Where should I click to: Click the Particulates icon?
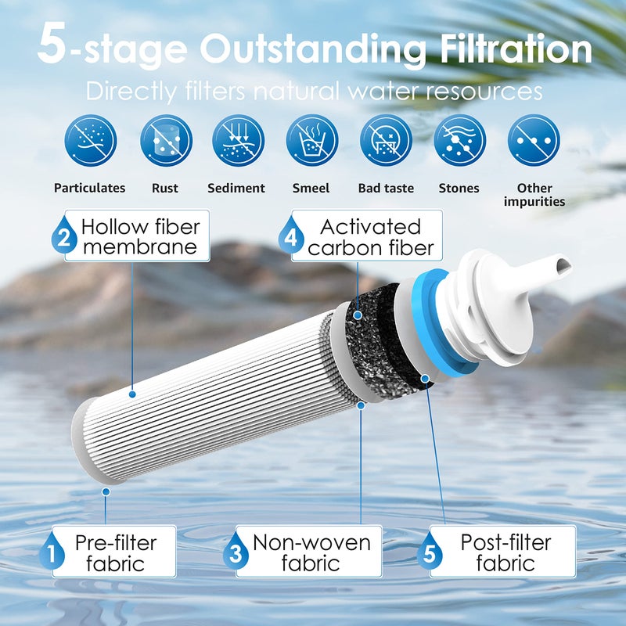[90, 141]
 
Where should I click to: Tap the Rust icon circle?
[166, 141]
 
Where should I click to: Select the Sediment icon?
[238, 141]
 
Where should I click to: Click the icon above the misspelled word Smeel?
[311, 141]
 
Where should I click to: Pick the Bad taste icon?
[386, 141]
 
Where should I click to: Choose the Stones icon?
[459, 141]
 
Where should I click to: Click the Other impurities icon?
[534, 141]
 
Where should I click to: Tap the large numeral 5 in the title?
[52, 47]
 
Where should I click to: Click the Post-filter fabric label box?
[505, 552]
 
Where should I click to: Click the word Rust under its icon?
[166, 188]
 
